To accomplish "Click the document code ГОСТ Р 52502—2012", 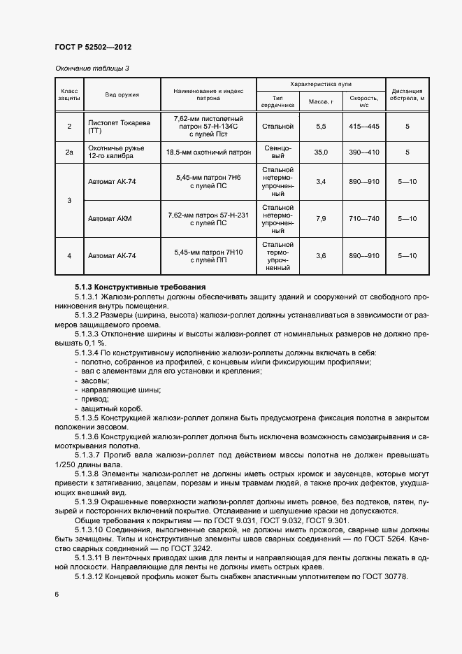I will coord(93,47).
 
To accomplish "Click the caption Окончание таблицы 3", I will coord(92,68).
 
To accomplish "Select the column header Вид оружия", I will coord(122,94).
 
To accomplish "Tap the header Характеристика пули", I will coord(320,83).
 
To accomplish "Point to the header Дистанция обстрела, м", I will coord(407,94).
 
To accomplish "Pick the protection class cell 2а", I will coord(69,152).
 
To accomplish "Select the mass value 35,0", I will coord(322,152).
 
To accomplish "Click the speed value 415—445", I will coord(364,127).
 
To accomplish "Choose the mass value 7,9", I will coord(322,219).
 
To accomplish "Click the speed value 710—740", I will coord(364,219).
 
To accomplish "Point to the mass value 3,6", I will coord(322,256).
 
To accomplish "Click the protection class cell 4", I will coord(69,256).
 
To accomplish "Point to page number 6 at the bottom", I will coord(57,594).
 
